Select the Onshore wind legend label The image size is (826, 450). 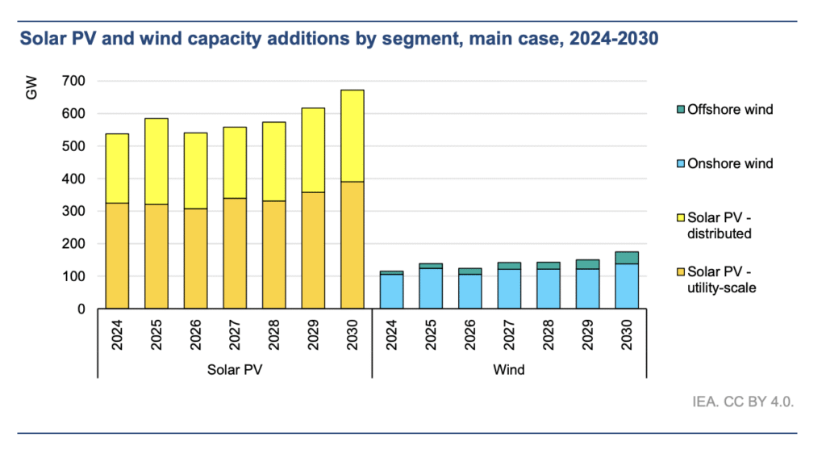click(x=731, y=164)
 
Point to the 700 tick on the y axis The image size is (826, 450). click(x=75, y=81)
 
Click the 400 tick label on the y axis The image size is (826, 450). click(x=75, y=179)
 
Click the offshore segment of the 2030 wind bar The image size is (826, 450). click(x=628, y=258)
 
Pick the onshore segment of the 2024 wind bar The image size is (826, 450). click(x=392, y=292)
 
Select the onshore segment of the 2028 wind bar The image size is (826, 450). click(x=549, y=288)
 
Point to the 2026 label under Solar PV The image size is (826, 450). click(x=196, y=334)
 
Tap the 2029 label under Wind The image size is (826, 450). click(x=588, y=334)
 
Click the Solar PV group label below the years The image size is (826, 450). click(x=234, y=370)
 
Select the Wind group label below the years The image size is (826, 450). click(x=510, y=370)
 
